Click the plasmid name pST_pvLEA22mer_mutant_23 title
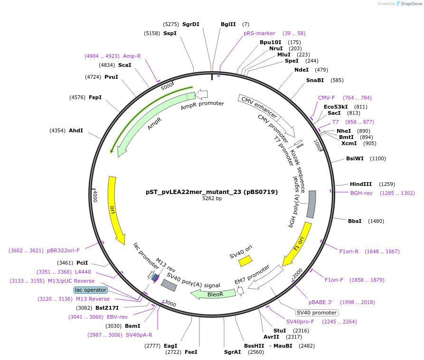(x=212, y=192)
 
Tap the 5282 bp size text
(x=212, y=199)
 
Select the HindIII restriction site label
(x=361, y=184)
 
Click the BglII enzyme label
(x=228, y=24)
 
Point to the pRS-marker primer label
(x=259, y=33)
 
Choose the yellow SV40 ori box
(x=245, y=260)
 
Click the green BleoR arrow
(x=214, y=294)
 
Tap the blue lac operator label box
(x=91, y=289)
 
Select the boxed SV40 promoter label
(x=317, y=313)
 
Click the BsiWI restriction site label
(x=355, y=158)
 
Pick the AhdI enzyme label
(x=76, y=130)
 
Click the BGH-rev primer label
(x=361, y=193)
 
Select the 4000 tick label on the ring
(x=95, y=195)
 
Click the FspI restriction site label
(x=95, y=97)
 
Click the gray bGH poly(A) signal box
(x=311, y=204)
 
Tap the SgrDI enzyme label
(x=191, y=24)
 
